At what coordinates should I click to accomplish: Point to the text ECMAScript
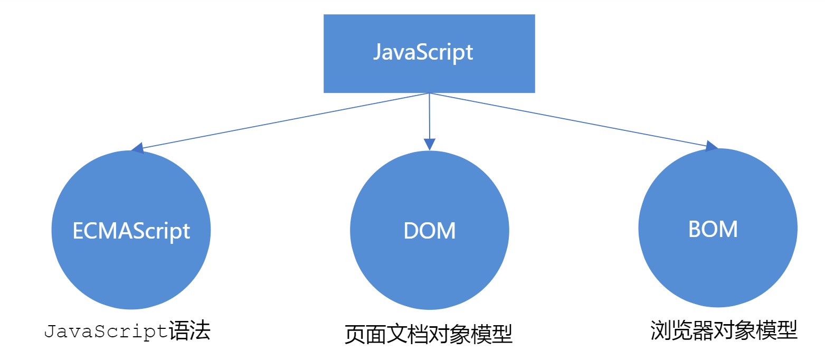[x=131, y=231]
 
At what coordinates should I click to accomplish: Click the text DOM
[x=429, y=231]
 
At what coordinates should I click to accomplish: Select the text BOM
[x=713, y=229]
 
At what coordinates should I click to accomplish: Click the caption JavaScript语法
[x=127, y=332]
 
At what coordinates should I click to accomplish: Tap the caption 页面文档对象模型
[x=428, y=335]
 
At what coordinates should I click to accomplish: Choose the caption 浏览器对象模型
[x=724, y=330]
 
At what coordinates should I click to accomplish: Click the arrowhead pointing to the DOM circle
[x=429, y=144]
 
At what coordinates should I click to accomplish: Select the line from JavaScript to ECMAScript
[x=285, y=121]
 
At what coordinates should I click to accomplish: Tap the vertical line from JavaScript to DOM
[x=429, y=116]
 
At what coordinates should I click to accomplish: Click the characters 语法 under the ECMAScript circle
[x=189, y=331]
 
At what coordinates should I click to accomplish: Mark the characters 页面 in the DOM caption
[x=365, y=335]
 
